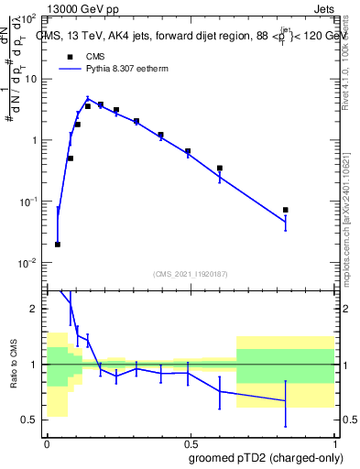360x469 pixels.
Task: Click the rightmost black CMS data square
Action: pos(286,210)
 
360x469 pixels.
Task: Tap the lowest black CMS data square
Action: pos(58,245)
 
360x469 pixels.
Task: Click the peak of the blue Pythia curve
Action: pos(88,99)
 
